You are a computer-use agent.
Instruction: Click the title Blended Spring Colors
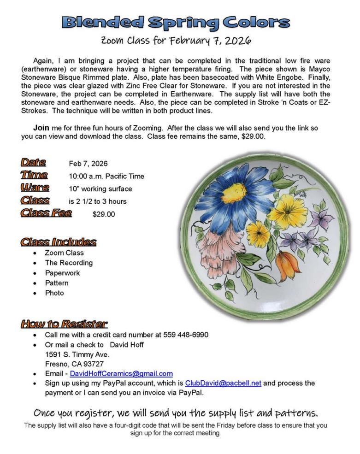click(x=176, y=22)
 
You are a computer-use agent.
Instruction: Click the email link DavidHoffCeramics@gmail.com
click(x=121, y=373)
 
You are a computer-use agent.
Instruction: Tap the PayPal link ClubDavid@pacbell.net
click(x=223, y=383)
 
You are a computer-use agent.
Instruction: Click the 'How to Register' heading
click(x=64, y=324)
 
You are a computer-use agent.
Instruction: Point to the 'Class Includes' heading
click(x=59, y=242)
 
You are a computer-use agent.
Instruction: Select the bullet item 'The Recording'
click(x=69, y=263)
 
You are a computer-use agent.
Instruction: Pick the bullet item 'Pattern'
click(x=57, y=283)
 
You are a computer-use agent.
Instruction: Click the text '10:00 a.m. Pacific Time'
click(x=106, y=176)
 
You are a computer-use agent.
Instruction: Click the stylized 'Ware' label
click(x=35, y=188)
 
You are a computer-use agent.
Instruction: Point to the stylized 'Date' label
click(x=33, y=162)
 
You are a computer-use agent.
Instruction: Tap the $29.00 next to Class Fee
click(x=104, y=214)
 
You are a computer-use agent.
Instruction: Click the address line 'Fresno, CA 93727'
click(x=74, y=364)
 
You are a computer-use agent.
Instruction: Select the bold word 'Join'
click(x=41, y=128)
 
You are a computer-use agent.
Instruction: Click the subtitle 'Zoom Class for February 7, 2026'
click(x=176, y=41)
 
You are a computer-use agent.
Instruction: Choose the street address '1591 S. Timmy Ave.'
click(x=77, y=354)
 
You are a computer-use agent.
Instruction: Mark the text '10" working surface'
click(x=100, y=189)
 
